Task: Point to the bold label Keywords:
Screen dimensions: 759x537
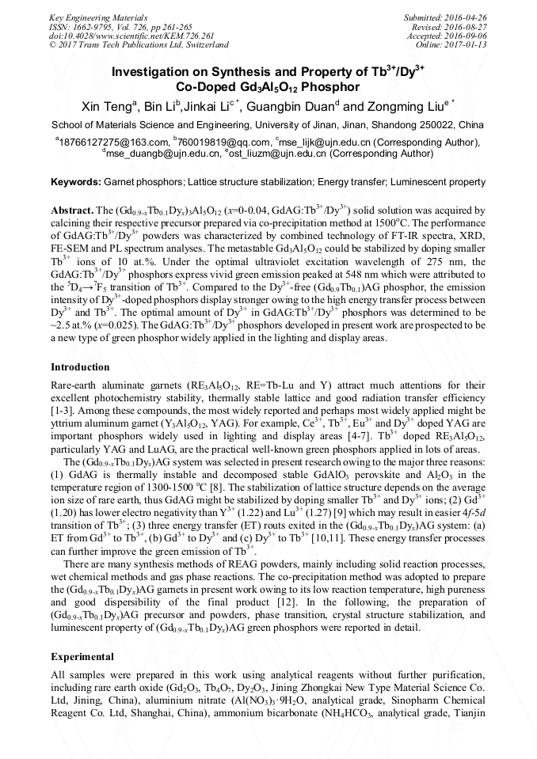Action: pyautogui.click(x=76, y=182)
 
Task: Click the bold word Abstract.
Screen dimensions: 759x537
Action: pyautogui.click(x=71, y=212)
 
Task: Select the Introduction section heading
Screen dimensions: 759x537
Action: pyautogui.click(x=80, y=367)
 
